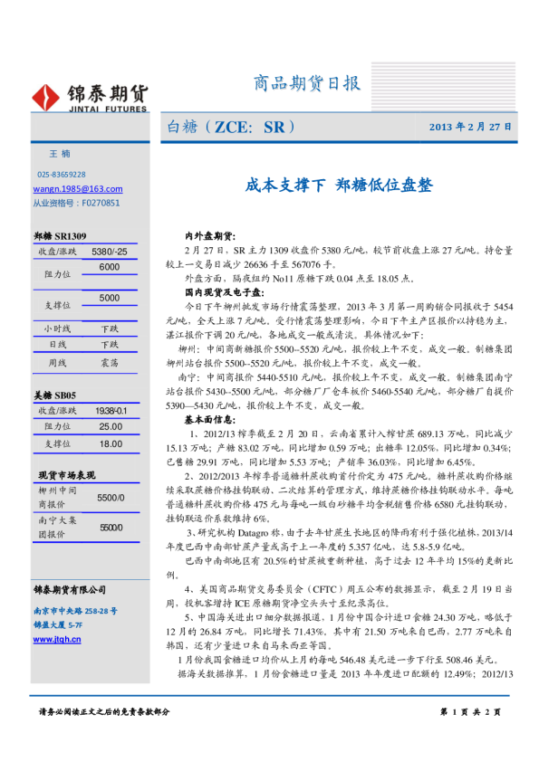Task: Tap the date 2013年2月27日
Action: click(470, 127)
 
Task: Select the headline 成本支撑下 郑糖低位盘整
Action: click(339, 186)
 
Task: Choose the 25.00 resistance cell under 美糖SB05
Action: click(111, 426)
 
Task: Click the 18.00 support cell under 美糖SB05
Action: click(111, 443)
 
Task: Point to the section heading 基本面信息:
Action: click(209, 420)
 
